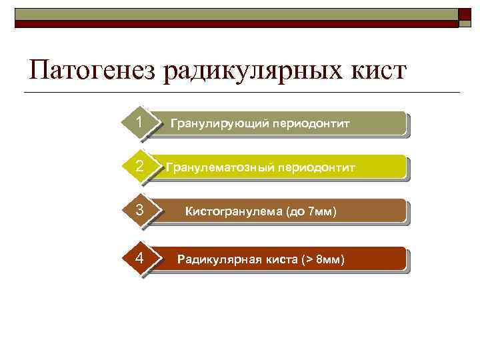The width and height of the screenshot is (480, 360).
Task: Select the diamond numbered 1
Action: pyautogui.click(x=139, y=123)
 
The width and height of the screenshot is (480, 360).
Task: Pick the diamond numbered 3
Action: pyautogui.click(x=139, y=211)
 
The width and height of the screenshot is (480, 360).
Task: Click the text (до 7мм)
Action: pyautogui.click(x=311, y=213)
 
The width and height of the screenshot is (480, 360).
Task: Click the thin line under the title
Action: pyautogui.click(x=240, y=92)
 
